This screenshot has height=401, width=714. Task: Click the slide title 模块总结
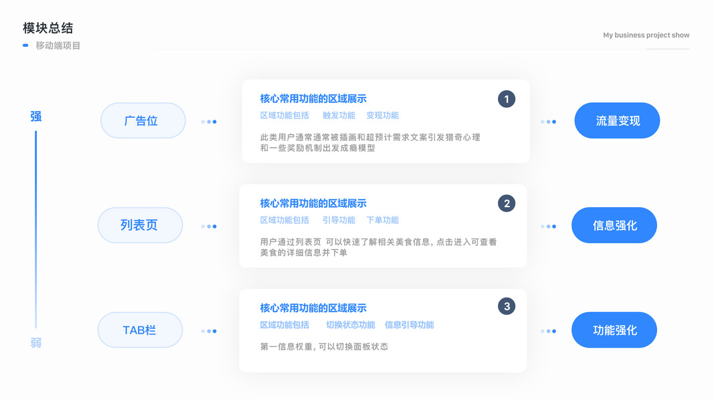(48, 28)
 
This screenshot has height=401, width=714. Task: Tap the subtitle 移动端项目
(58, 45)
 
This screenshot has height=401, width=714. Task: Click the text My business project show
(646, 35)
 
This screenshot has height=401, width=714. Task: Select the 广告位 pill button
(143, 121)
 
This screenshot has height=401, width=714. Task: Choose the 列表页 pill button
(140, 225)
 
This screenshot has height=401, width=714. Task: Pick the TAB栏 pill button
(140, 330)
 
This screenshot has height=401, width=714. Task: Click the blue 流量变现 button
(617, 121)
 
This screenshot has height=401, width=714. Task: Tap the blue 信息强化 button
(614, 225)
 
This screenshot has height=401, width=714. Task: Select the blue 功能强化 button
(614, 330)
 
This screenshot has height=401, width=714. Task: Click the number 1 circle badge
(507, 99)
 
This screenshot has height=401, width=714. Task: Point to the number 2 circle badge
(507, 203)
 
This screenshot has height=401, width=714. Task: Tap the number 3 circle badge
(507, 307)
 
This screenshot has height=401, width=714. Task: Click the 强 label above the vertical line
(36, 116)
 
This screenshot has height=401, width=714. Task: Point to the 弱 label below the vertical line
(36, 343)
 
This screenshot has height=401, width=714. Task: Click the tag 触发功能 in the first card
(339, 116)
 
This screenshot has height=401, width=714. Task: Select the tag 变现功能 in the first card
(382, 116)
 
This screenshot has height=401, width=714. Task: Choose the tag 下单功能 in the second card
(382, 220)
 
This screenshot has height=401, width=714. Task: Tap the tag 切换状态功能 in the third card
(350, 325)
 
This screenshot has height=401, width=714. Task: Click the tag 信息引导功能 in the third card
(409, 325)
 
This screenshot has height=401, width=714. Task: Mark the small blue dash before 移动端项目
(25, 45)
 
